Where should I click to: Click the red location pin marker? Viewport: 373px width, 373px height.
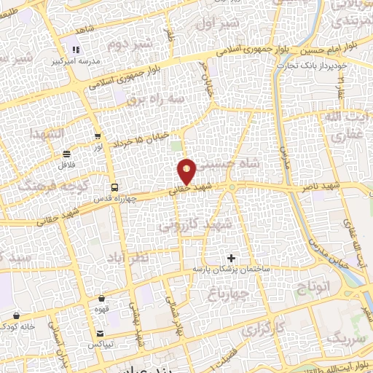tap(187, 172)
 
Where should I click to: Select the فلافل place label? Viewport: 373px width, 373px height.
tap(67, 165)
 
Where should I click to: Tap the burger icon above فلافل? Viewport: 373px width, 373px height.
tap(67, 154)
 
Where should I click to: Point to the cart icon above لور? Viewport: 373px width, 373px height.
tap(98, 136)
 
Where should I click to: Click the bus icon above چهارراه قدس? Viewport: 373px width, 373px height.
tap(114, 187)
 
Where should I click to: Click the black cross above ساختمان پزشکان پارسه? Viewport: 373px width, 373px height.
tap(232, 258)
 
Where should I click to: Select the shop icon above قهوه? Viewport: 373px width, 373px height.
tap(101, 299)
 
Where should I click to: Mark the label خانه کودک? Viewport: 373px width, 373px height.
tap(17, 326)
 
